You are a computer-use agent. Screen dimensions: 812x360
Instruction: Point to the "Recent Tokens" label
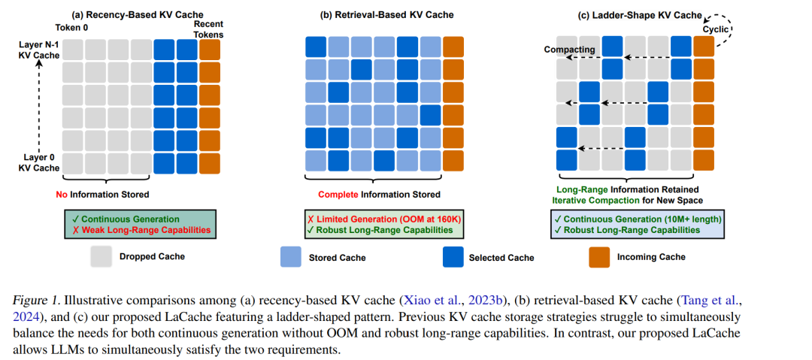[208, 29]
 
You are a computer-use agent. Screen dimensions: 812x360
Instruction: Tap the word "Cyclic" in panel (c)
[715, 29]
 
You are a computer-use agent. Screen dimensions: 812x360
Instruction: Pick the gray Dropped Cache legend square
[101, 257]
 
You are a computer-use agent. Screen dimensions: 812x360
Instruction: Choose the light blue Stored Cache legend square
[290, 257]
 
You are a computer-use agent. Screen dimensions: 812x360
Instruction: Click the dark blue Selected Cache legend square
[453, 257]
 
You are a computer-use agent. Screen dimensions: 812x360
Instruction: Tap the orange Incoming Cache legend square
[600, 257]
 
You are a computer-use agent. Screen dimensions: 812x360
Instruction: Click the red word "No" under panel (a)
[62, 195]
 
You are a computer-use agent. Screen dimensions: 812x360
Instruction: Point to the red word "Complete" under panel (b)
[335, 195]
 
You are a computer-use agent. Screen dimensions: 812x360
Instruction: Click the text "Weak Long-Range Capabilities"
[147, 229]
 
